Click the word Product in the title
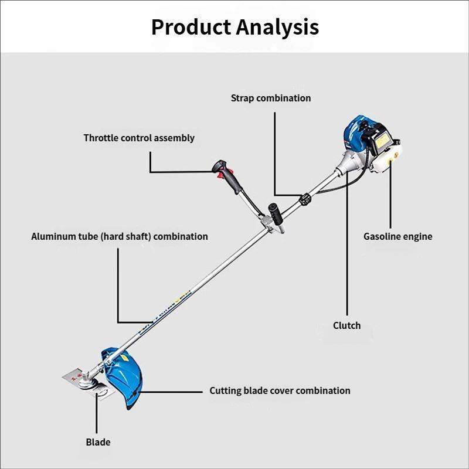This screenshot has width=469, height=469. point(191,27)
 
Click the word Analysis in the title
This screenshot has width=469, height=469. point(277,27)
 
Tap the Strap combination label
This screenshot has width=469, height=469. point(271,98)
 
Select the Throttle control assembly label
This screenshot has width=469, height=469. point(139,138)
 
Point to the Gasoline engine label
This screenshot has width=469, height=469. point(398,236)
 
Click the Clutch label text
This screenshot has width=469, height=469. point(346,325)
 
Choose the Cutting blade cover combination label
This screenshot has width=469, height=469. point(280,390)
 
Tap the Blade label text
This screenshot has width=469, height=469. point(98,442)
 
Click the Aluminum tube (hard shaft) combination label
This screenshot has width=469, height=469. point(120,236)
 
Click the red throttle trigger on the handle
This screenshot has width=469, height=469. point(220,174)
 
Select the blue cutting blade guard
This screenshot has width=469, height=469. point(123,377)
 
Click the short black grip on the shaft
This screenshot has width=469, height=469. point(276,213)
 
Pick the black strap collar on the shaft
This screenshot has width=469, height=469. point(305,199)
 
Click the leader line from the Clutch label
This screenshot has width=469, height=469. point(347,243)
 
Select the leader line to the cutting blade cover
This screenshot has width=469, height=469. point(171,392)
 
